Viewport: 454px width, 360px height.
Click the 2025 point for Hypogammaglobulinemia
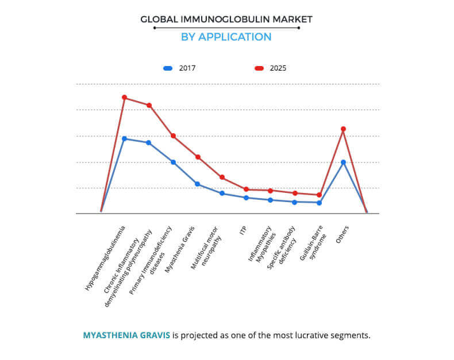point(124,98)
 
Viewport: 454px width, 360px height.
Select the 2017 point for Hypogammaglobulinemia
point(124,138)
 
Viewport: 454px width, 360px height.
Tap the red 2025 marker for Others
point(343,129)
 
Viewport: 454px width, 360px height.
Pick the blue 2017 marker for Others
point(343,162)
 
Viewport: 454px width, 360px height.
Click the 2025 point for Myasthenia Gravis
point(197,157)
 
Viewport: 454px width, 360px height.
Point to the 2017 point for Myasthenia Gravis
point(197,184)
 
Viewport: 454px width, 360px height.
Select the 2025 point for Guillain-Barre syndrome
point(319,195)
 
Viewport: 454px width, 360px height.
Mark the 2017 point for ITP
point(246,198)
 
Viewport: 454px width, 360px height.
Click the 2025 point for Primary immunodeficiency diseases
point(173,136)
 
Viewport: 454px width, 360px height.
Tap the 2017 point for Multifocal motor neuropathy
point(222,193)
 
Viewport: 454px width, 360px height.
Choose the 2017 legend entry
point(180,68)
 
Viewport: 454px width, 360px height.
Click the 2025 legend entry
point(270,68)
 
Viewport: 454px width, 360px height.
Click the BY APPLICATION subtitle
point(226,37)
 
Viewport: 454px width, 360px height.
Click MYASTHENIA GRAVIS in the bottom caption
point(126,335)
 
